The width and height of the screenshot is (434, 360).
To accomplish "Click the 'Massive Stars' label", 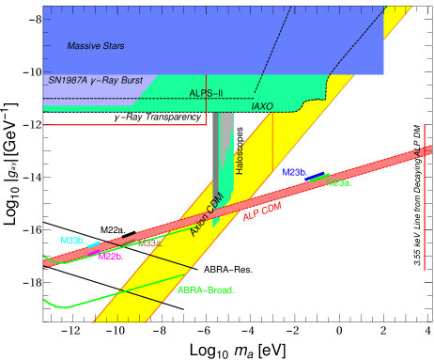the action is [95, 46].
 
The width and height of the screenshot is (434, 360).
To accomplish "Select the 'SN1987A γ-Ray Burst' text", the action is [95, 81].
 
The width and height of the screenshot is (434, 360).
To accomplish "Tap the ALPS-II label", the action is [207, 93].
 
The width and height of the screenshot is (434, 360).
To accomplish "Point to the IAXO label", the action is [262, 107].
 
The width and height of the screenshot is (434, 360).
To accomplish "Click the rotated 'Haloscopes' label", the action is [240, 159].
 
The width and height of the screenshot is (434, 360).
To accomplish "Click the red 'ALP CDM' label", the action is [262, 211].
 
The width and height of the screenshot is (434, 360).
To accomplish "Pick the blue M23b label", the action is [294, 172].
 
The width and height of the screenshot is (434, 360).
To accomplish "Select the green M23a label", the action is [339, 182].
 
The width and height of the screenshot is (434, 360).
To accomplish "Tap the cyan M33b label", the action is [72, 240].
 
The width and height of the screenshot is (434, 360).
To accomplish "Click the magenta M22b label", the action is [110, 256].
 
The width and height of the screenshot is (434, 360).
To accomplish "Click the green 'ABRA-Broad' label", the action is [205, 290].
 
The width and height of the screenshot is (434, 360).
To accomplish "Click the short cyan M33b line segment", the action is [94, 247].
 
